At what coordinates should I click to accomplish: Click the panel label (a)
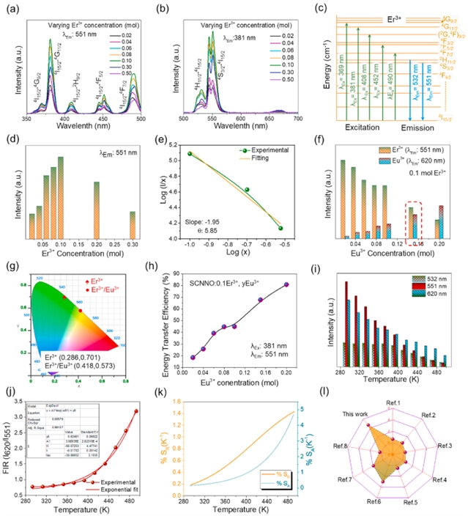[x=13, y=8]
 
